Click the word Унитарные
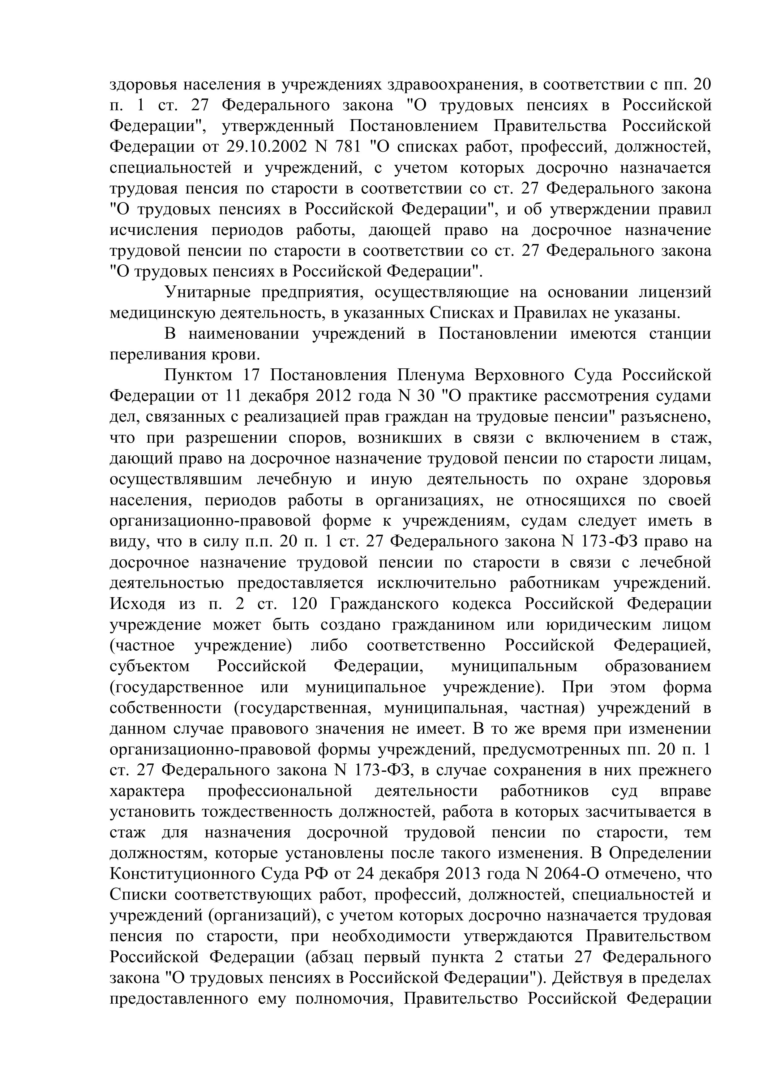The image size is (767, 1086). pos(208,293)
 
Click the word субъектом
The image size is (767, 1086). pos(150,667)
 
